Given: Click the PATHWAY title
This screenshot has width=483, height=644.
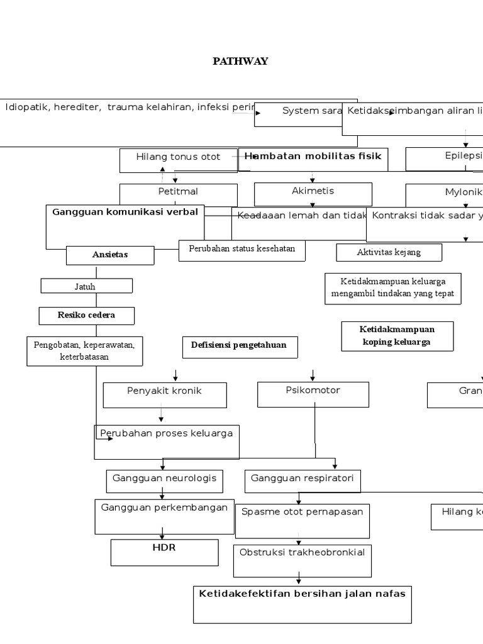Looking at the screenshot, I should pyautogui.click(x=240, y=61).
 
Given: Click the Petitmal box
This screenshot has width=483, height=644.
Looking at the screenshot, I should pyautogui.click(x=178, y=194).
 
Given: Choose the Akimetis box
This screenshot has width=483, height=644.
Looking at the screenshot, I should pyautogui.click(x=313, y=193).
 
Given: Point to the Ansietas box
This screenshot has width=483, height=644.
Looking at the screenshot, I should pyautogui.click(x=110, y=255).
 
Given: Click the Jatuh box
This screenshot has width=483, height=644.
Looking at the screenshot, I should pyautogui.click(x=87, y=286).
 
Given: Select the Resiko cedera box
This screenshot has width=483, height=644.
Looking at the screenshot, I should pyautogui.click(x=87, y=316).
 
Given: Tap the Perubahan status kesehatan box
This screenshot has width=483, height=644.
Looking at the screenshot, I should pyautogui.click(x=242, y=250).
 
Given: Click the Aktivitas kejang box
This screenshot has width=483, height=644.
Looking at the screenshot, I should pyautogui.click(x=389, y=253).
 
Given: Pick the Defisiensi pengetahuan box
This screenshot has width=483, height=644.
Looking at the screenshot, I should pyautogui.click(x=239, y=347).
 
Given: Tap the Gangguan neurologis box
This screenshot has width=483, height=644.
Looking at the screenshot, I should pyautogui.click(x=164, y=481).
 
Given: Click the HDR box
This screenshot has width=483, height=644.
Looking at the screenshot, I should pyautogui.click(x=164, y=552).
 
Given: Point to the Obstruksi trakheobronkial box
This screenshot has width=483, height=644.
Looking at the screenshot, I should pyautogui.click(x=302, y=560).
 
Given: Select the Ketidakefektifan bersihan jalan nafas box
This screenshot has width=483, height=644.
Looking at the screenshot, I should pyautogui.click(x=302, y=604).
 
